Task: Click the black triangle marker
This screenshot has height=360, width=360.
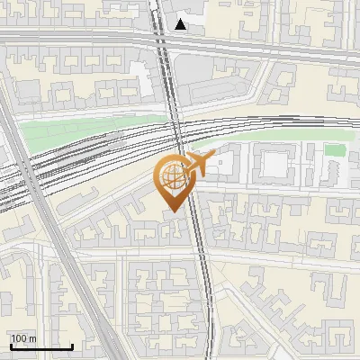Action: (182, 24)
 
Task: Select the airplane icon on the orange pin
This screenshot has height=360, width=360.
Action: (199, 165)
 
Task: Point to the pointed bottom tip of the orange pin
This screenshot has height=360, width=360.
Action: (172, 211)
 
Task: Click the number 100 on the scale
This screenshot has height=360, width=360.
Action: (20, 338)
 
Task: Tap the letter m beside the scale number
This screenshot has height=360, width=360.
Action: (32, 338)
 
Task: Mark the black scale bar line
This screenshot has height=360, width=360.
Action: (40, 346)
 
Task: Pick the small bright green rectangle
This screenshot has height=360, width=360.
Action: (335, 150)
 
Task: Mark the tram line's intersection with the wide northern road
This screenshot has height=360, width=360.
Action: (164, 41)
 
